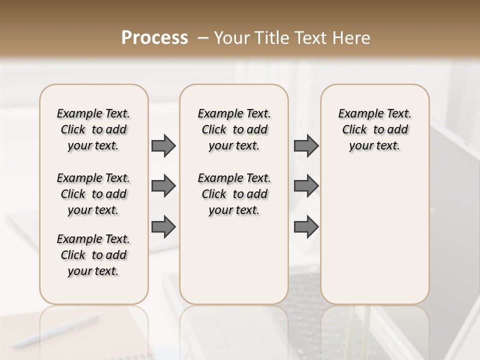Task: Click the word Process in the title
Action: [x=154, y=38]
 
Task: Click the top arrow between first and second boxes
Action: [x=163, y=145]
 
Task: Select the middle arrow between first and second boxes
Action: [x=163, y=186]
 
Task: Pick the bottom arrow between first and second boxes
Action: [x=163, y=227]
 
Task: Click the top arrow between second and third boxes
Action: [x=306, y=145]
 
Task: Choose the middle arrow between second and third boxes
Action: [x=306, y=186]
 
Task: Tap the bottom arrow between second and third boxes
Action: [x=306, y=227]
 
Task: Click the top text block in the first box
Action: [x=93, y=129]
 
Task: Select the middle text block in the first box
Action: [x=93, y=194]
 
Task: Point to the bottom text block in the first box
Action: [x=93, y=255]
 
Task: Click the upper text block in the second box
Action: [x=234, y=129]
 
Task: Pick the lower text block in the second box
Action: [x=234, y=194]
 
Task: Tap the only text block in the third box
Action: [x=374, y=129]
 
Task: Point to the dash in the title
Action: [x=203, y=38]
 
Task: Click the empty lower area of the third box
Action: [x=374, y=240]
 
